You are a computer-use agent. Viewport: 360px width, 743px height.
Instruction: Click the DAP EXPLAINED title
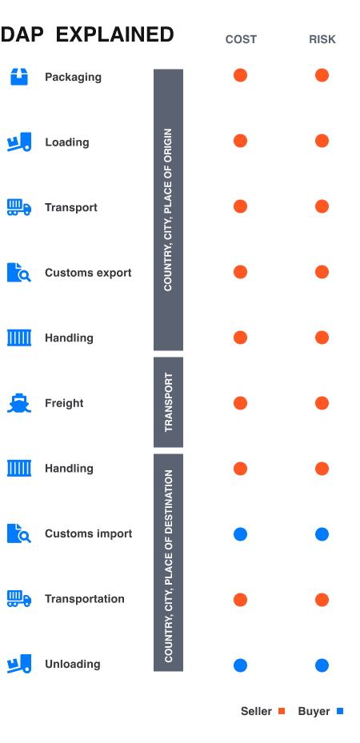[x=87, y=34]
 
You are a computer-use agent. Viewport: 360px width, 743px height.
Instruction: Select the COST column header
[x=240, y=39]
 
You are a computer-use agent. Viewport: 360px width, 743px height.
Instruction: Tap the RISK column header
[x=322, y=39]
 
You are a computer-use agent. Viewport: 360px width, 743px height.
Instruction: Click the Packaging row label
[x=73, y=77]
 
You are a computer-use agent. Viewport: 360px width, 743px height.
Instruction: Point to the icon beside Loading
[x=19, y=142]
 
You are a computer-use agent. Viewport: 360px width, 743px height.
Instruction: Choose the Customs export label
[x=88, y=273]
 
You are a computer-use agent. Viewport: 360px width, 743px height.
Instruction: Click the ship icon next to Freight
[x=19, y=403]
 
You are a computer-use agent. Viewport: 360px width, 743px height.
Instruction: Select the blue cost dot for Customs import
[x=240, y=534]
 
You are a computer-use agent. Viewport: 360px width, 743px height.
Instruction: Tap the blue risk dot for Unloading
[x=322, y=665]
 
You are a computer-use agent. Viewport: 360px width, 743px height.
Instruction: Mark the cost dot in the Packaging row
[x=240, y=76]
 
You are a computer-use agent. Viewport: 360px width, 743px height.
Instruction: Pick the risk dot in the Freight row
[x=322, y=403]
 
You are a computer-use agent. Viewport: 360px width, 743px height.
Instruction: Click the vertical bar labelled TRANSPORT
[x=169, y=402]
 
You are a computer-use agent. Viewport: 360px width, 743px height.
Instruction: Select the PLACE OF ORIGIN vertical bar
[x=169, y=210]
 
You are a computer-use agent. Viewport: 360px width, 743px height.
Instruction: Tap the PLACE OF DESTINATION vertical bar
[x=169, y=564]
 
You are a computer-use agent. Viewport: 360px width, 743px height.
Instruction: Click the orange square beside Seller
[x=282, y=711]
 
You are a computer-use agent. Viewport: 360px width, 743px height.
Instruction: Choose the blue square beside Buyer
[x=340, y=711]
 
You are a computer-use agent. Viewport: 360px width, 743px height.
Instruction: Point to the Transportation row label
[x=84, y=599]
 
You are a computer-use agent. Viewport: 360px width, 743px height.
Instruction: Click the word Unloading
[x=72, y=664]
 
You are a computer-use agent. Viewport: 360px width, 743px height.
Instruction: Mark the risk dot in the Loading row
[x=322, y=142]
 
